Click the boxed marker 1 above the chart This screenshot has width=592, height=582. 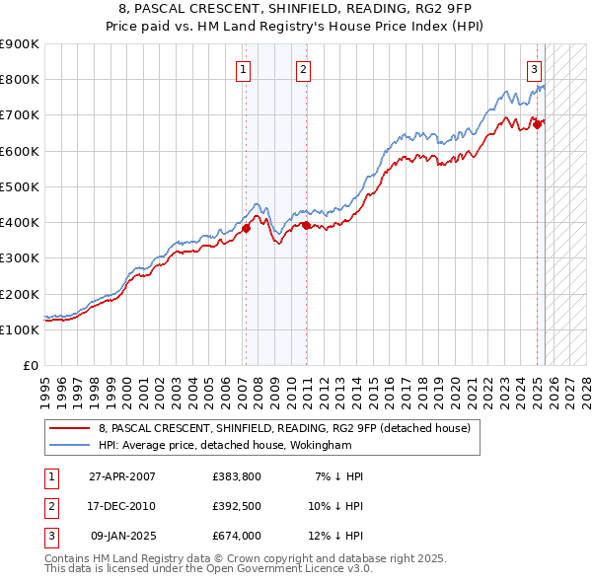[x=243, y=69]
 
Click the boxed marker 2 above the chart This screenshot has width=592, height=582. [x=302, y=69]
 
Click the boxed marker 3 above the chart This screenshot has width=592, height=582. [x=534, y=69]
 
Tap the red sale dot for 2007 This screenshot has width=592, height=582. [x=246, y=228]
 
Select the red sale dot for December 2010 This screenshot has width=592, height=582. [x=306, y=225]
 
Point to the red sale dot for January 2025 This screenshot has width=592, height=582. [x=538, y=124]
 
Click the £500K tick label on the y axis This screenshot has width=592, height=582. [x=20, y=186]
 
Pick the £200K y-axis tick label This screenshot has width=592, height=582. [x=20, y=294]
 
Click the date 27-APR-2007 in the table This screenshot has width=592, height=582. [x=122, y=476]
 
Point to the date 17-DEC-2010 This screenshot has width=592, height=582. [x=122, y=506]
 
